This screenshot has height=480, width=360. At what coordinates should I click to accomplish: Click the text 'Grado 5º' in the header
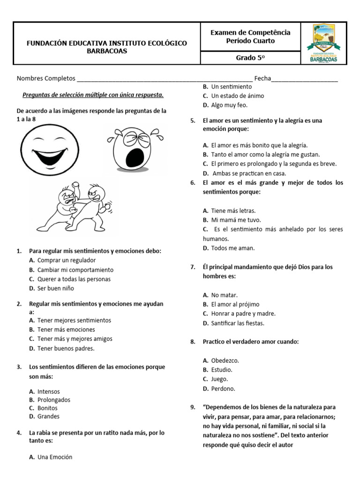[x=250, y=58]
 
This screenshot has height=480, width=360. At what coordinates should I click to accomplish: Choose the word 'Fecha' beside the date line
[x=262, y=78]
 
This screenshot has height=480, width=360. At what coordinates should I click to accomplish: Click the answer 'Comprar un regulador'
[x=67, y=260]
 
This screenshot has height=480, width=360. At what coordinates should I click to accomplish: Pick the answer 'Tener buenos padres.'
[x=66, y=348]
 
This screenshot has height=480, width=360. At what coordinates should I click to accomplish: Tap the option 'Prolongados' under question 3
[x=54, y=400]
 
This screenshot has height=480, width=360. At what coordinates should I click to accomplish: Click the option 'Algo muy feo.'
[x=229, y=105]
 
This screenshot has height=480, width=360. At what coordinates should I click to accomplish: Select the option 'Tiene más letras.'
[x=233, y=211]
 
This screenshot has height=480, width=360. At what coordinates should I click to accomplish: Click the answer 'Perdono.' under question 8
[x=223, y=389]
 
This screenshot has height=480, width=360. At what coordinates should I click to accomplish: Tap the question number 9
[x=193, y=407]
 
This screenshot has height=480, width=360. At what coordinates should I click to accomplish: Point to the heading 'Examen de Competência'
[x=250, y=32]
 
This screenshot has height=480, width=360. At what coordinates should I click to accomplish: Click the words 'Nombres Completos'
[x=46, y=78]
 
